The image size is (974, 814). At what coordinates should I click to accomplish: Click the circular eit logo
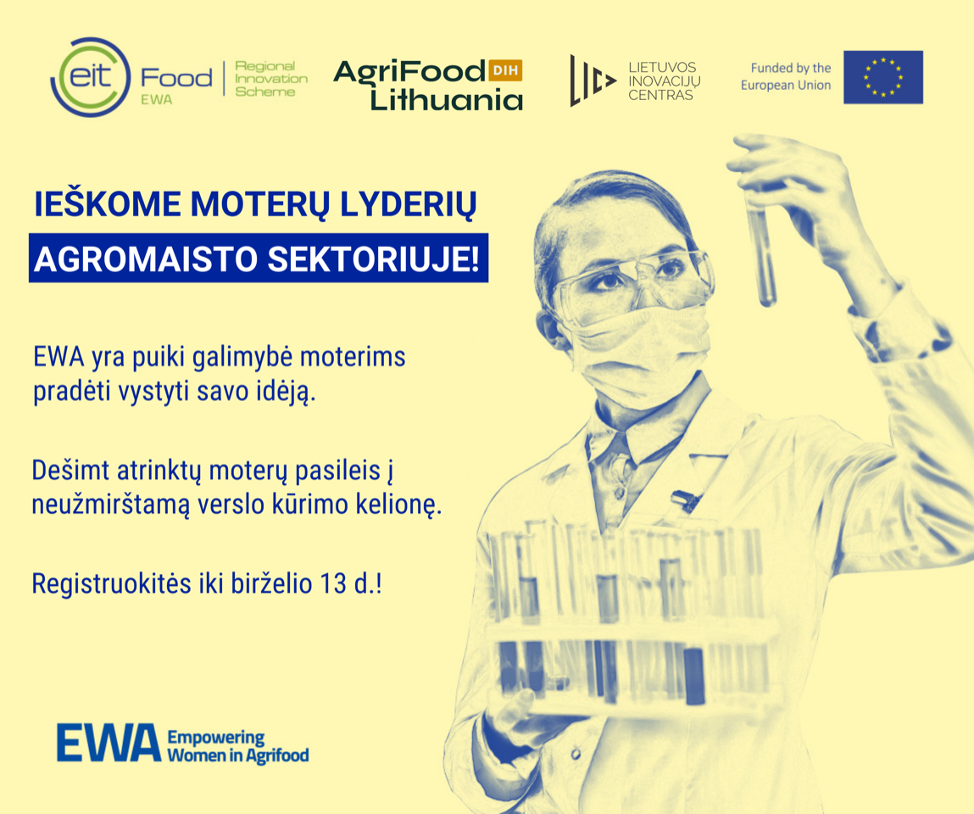[x=91, y=77]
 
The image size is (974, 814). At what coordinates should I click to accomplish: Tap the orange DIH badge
[x=505, y=70]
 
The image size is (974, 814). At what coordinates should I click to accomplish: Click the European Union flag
[x=882, y=77]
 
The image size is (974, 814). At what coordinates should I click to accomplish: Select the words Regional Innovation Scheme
[x=270, y=79]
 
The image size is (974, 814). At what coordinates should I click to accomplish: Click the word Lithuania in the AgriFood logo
[x=447, y=99]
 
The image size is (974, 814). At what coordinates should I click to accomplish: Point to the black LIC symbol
[x=592, y=81]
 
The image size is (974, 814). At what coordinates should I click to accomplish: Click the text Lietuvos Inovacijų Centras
[x=664, y=81]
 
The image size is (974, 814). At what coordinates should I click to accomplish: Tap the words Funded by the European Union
[x=786, y=76]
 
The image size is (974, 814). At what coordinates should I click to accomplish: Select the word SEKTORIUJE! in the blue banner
[x=373, y=259]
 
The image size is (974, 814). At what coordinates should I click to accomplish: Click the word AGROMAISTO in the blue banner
[x=145, y=259]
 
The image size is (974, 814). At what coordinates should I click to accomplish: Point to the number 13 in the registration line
[x=333, y=584]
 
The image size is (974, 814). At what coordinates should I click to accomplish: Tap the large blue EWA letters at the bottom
[x=109, y=743]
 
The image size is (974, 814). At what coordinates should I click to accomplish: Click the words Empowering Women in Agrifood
[x=238, y=746]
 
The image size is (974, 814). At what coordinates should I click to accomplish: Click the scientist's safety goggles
[x=632, y=282]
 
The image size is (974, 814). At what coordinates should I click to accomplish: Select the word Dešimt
[x=71, y=471]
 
